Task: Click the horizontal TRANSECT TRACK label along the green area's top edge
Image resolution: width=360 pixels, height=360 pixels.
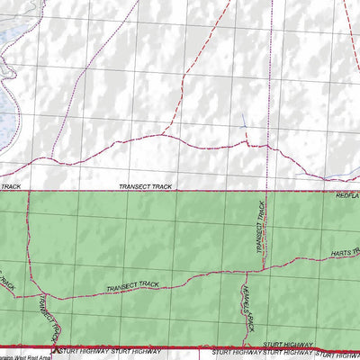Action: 144,186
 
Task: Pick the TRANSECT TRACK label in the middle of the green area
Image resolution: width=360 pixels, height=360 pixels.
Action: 132,286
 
